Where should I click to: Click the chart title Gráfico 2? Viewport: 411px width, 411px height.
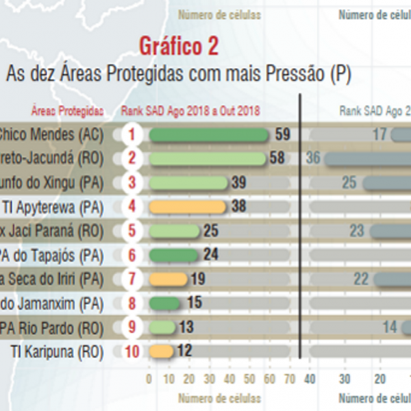pos(179,47)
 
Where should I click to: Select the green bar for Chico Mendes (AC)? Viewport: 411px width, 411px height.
pos(208,134)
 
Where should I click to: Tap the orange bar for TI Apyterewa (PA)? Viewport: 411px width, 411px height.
pos(187,206)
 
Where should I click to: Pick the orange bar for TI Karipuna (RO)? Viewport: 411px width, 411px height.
pos(162,351)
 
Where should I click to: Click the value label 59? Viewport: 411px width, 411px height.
pos(282,134)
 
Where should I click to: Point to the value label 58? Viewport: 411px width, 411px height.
pos(277,158)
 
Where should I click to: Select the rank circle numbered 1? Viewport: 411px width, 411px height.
pos(132,134)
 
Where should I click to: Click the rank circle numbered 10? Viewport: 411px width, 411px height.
pos(132,351)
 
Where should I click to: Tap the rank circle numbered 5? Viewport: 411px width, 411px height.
pos(132,231)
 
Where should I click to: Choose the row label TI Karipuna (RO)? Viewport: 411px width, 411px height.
pos(58,351)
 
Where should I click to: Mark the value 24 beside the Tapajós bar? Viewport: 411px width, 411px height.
pos(210,255)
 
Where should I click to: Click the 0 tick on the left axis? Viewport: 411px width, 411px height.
pos(149,378)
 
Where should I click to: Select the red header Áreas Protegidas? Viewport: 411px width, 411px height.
pos(67,110)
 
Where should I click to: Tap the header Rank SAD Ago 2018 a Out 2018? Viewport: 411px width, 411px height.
pos(190,110)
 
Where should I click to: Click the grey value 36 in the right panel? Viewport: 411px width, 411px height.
pos(313,158)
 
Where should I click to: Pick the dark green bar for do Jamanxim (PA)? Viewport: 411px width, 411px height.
pos(164,303)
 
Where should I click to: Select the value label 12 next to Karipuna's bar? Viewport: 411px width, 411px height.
pos(184,351)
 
